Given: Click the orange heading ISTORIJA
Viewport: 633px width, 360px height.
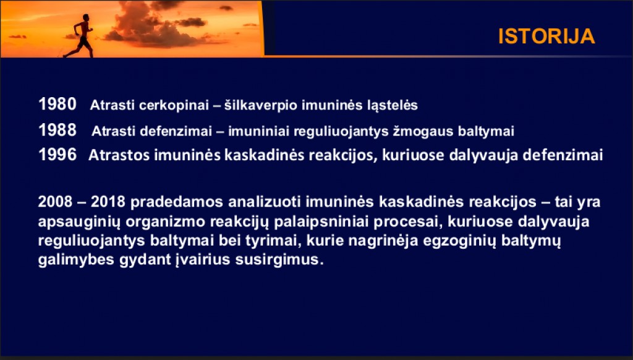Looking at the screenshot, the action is [x=546, y=36].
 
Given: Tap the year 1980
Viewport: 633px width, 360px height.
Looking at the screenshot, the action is [x=57, y=105].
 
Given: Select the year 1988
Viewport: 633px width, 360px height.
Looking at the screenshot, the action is [x=57, y=130].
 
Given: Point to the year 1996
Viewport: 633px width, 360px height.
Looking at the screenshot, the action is [x=57, y=155].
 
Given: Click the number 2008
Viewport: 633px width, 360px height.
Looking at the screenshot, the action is [x=55, y=202].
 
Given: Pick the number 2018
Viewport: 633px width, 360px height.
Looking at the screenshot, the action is [x=108, y=202].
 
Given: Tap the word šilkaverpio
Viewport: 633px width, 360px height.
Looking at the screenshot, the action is [x=261, y=105].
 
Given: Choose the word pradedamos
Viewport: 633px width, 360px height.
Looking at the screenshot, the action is [x=177, y=202].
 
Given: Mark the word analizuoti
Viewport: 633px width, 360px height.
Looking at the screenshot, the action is [x=265, y=202].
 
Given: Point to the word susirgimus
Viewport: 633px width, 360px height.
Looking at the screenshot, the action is [x=279, y=259].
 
